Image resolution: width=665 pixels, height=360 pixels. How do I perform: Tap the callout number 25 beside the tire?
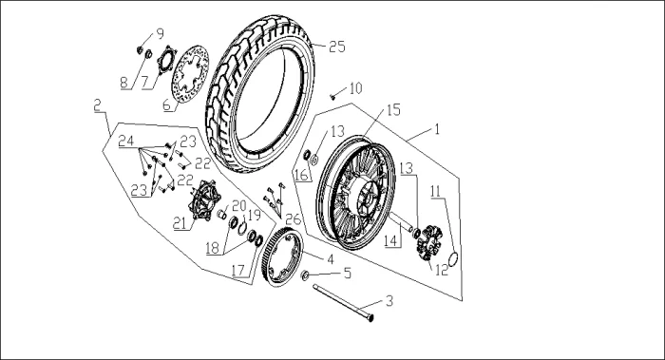(337, 47)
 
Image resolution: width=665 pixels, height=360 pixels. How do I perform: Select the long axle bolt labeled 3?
(343, 303)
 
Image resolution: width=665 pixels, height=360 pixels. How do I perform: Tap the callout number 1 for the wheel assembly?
(437, 128)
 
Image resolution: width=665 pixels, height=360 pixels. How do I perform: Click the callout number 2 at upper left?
(98, 105)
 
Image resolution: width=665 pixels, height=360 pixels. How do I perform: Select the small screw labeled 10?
(333, 97)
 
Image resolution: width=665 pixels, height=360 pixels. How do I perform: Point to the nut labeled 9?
(139, 50)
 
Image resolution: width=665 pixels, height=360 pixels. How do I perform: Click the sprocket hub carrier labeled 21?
(206, 200)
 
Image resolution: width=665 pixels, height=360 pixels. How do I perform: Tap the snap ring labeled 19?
(242, 228)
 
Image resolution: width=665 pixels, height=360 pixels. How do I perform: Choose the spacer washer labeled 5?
(305, 275)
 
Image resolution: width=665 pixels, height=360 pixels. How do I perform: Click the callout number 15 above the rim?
(393, 110)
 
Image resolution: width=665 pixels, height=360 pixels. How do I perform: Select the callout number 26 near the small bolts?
(293, 218)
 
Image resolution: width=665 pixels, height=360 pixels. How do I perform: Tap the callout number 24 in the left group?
(125, 141)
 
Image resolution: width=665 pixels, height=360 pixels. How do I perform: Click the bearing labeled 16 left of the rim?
(308, 155)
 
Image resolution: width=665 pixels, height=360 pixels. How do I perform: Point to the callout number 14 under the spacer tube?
(391, 241)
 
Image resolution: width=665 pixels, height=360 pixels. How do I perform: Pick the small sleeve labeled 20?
(221, 214)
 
